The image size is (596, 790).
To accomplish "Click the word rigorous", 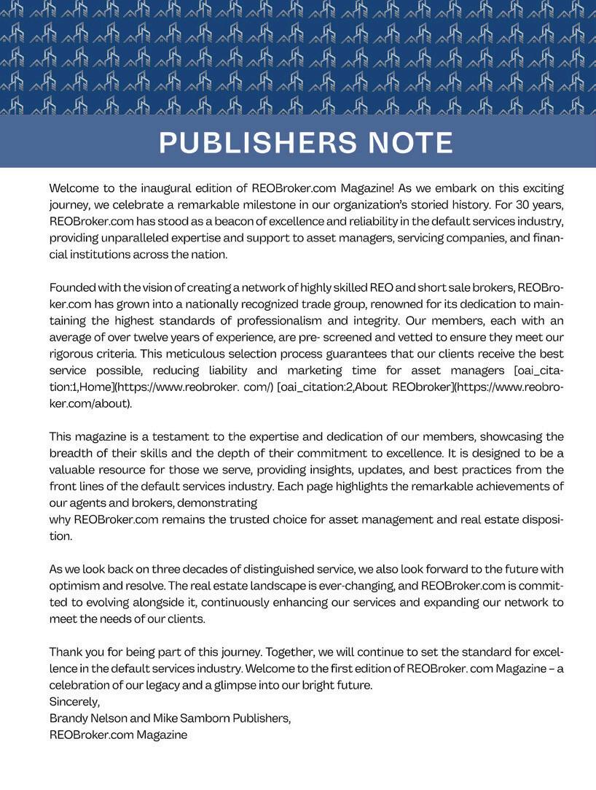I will pos(70,354).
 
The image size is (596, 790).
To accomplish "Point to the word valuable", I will pos(74,470).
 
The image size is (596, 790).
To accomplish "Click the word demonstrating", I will pos(217,503).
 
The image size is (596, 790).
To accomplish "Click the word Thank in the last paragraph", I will pos(65,652).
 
